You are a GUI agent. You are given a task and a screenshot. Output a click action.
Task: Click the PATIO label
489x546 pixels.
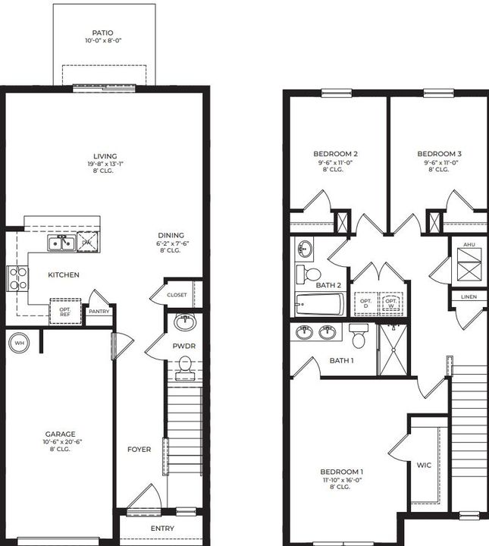pos(102,33)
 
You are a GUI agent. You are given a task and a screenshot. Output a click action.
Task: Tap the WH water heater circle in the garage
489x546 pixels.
pos(17,343)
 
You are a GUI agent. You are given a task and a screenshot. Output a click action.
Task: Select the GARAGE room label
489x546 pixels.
pos(60,434)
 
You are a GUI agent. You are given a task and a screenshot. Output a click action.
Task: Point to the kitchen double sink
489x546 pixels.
pos(60,243)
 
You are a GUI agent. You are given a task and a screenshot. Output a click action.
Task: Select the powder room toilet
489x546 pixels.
pos(184,369)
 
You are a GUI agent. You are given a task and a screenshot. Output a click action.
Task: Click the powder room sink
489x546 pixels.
pos(184,322)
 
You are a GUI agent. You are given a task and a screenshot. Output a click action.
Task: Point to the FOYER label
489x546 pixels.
pos(139,449)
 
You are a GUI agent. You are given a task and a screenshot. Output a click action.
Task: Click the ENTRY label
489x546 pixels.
pos(162,529)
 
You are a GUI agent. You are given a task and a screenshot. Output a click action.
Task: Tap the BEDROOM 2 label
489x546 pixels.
pos(335,154)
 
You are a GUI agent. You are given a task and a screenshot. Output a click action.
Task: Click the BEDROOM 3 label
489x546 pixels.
pos(439,154)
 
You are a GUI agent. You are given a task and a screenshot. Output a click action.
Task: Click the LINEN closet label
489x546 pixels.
pos(469,297)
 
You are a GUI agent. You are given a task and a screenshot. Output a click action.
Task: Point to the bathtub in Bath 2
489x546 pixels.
pos(319,305)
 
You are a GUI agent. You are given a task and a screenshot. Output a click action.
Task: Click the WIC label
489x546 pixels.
pos(424,464)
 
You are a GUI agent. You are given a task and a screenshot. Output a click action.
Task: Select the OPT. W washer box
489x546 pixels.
pos(391,303)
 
